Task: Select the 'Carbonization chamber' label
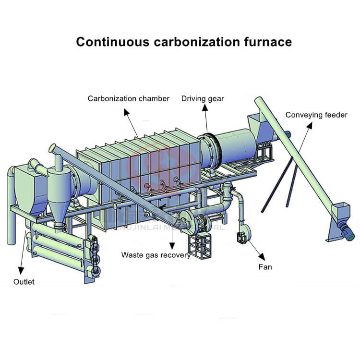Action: (x=128, y=99)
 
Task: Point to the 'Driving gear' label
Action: (x=203, y=99)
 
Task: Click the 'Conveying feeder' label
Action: (x=316, y=115)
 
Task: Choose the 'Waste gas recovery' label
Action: (x=156, y=255)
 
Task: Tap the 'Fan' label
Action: (x=264, y=266)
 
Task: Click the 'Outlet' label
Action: (x=24, y=282)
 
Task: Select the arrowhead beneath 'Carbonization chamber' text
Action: (x=126, y=111)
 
